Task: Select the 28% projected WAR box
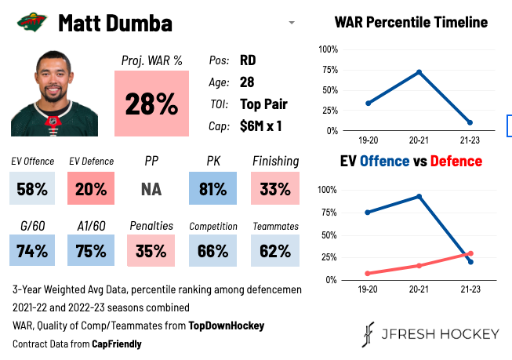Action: (x=151, y=104)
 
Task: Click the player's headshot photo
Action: (x=54, y=93)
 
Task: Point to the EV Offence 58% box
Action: (x=33, y=189)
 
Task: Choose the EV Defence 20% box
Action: (x=91, y=189)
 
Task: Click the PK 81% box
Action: (x=212, y=189)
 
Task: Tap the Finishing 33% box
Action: (x=275, y=189)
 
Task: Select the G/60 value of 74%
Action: (x=33, y=252)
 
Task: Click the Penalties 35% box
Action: (x=151, y=252)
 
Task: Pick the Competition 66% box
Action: (x=212, y=252)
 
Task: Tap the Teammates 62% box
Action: (x=275, y=252)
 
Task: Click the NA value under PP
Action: (x=151, y=189)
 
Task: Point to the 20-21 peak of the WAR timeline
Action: (x=419, y=72)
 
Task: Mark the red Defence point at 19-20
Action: (x=368, y=273)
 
